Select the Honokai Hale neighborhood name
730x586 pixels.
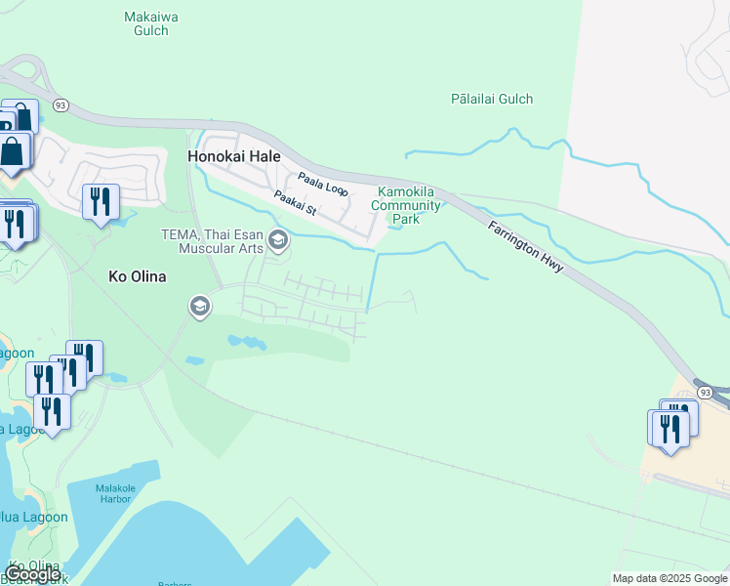[x=234, y=156]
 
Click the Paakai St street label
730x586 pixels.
[x=296, y=203]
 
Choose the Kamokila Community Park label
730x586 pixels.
[x=405, y=204]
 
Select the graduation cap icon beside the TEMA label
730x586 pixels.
[x=278, y=239]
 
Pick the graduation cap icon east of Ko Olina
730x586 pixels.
[x=200, y=308]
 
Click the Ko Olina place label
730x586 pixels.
[x=136, y=276]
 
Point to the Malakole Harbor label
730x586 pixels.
[x=122, y=494]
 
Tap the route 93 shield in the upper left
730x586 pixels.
[x=61, y=105]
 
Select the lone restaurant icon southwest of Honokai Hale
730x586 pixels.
[x=101, y=202]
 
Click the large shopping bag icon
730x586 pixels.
[x=13, y=152]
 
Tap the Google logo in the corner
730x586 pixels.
[x=31, y=574]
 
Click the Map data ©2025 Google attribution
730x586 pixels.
[x=669, y=578]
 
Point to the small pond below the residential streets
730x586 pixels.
[x=247, y=343]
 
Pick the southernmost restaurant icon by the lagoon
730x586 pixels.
[x=52, y=412]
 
